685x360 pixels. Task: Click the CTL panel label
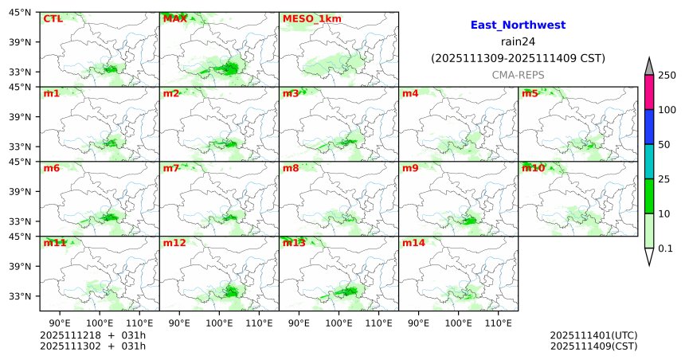click(x=52, y=18)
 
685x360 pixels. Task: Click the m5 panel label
click(x=530, y=93)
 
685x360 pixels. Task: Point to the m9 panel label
click(x=410, y=168)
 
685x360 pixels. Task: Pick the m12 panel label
click(x=174, y=243)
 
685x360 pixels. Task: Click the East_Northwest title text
click(x=518, y=25)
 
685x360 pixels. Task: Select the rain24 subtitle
click(x=518, y=41)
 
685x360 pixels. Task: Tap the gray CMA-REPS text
click(x=518, y=74)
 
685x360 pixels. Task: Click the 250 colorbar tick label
click(x=667, y=75)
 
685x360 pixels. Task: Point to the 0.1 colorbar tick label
click(x=665, y=248)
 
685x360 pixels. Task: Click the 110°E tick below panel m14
click(x=499, y=323)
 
